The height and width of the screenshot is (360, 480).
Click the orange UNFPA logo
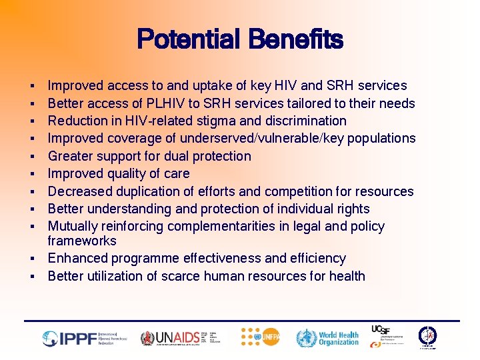261,337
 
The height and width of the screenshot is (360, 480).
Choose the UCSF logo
387,336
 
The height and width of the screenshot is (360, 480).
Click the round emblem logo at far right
427,337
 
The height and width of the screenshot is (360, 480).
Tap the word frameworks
81,241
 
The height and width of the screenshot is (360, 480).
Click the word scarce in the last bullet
196,275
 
